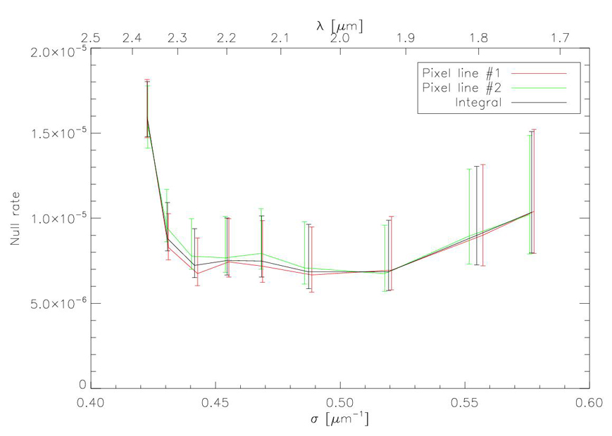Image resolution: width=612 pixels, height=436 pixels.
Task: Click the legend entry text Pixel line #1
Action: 462,73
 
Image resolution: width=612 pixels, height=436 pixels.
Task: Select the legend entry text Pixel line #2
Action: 462,88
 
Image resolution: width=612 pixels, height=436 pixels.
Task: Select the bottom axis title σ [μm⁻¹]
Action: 340,420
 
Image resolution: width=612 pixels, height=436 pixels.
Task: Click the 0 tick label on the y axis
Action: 83,385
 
